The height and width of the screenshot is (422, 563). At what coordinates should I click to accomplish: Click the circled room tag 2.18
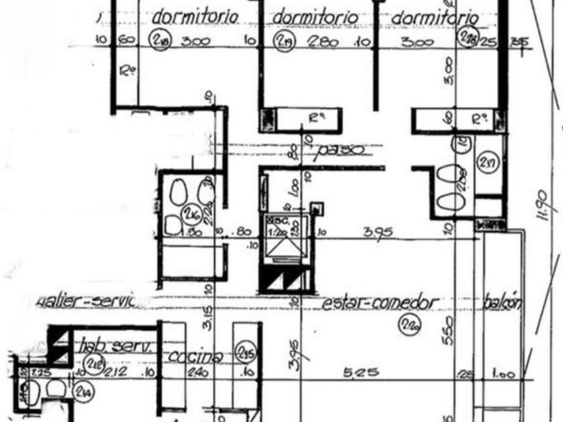tap(161, 40)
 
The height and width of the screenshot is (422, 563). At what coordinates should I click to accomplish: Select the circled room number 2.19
tap(283, 40)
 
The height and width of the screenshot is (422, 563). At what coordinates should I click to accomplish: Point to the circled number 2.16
tap(193, 214)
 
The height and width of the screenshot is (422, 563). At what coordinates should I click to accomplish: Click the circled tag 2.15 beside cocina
tap(246, 352)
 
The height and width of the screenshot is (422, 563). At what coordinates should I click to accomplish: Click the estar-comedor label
tap(379, 303)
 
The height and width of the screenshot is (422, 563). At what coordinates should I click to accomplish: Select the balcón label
tap(501, 303)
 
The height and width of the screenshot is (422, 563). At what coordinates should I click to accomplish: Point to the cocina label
tap(195, 356)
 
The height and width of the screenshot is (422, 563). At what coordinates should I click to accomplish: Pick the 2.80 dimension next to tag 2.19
tap(323, 42)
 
